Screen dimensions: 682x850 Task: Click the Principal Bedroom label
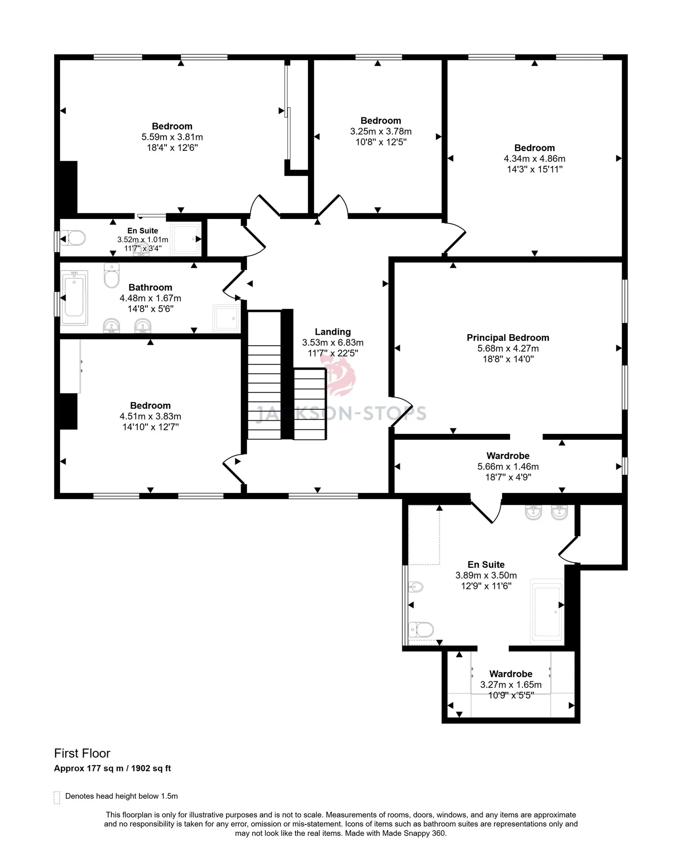click(x=508, y=337)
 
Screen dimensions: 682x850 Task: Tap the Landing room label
click(x=332, y=331)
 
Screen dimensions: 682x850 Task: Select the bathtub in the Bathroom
click(x=74, y=297)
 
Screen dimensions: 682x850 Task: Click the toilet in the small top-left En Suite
click(x=73, y=238)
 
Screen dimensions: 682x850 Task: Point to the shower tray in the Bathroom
click(x=226, y=318)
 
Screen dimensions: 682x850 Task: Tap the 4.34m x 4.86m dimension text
click(x=534, y=159)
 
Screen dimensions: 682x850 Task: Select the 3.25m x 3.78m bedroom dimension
click(x=381, y=131)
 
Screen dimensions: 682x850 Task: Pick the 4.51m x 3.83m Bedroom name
click(x=150, y=405)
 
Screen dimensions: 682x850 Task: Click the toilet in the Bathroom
click(x=112, y=275)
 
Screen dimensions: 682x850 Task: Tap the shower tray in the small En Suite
click(x=185, y=238)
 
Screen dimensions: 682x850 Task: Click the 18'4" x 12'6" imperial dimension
click(x=172, y=147)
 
